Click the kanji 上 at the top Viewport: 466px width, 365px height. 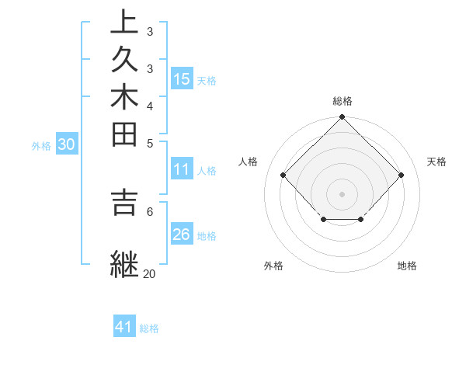(x=124, y=23)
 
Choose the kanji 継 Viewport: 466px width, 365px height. (x=124, y=262)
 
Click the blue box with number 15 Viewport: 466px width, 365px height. (x=182, y=78)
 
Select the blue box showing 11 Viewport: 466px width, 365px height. (x=182, y=169)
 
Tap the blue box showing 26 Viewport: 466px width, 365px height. (x=182, y=234)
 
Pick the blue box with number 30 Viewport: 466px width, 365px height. (x=67, y=144)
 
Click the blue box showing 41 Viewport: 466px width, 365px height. (x=124, y=327)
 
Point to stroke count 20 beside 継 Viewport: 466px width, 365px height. (x=149, y=273)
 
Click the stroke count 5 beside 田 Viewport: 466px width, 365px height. (x=150, y=143)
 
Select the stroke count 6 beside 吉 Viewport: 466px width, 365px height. (x=150, y=210)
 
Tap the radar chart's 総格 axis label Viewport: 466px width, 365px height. (x=343, y=101)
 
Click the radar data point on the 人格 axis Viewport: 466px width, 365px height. (x=283, y=176)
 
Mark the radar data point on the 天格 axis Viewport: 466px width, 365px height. (x=401, y=176)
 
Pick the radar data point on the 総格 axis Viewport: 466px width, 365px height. (x=343, y=118)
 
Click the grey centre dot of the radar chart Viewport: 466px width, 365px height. (x=343, y=194)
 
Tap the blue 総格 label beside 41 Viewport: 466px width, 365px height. (x=149, y=328)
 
